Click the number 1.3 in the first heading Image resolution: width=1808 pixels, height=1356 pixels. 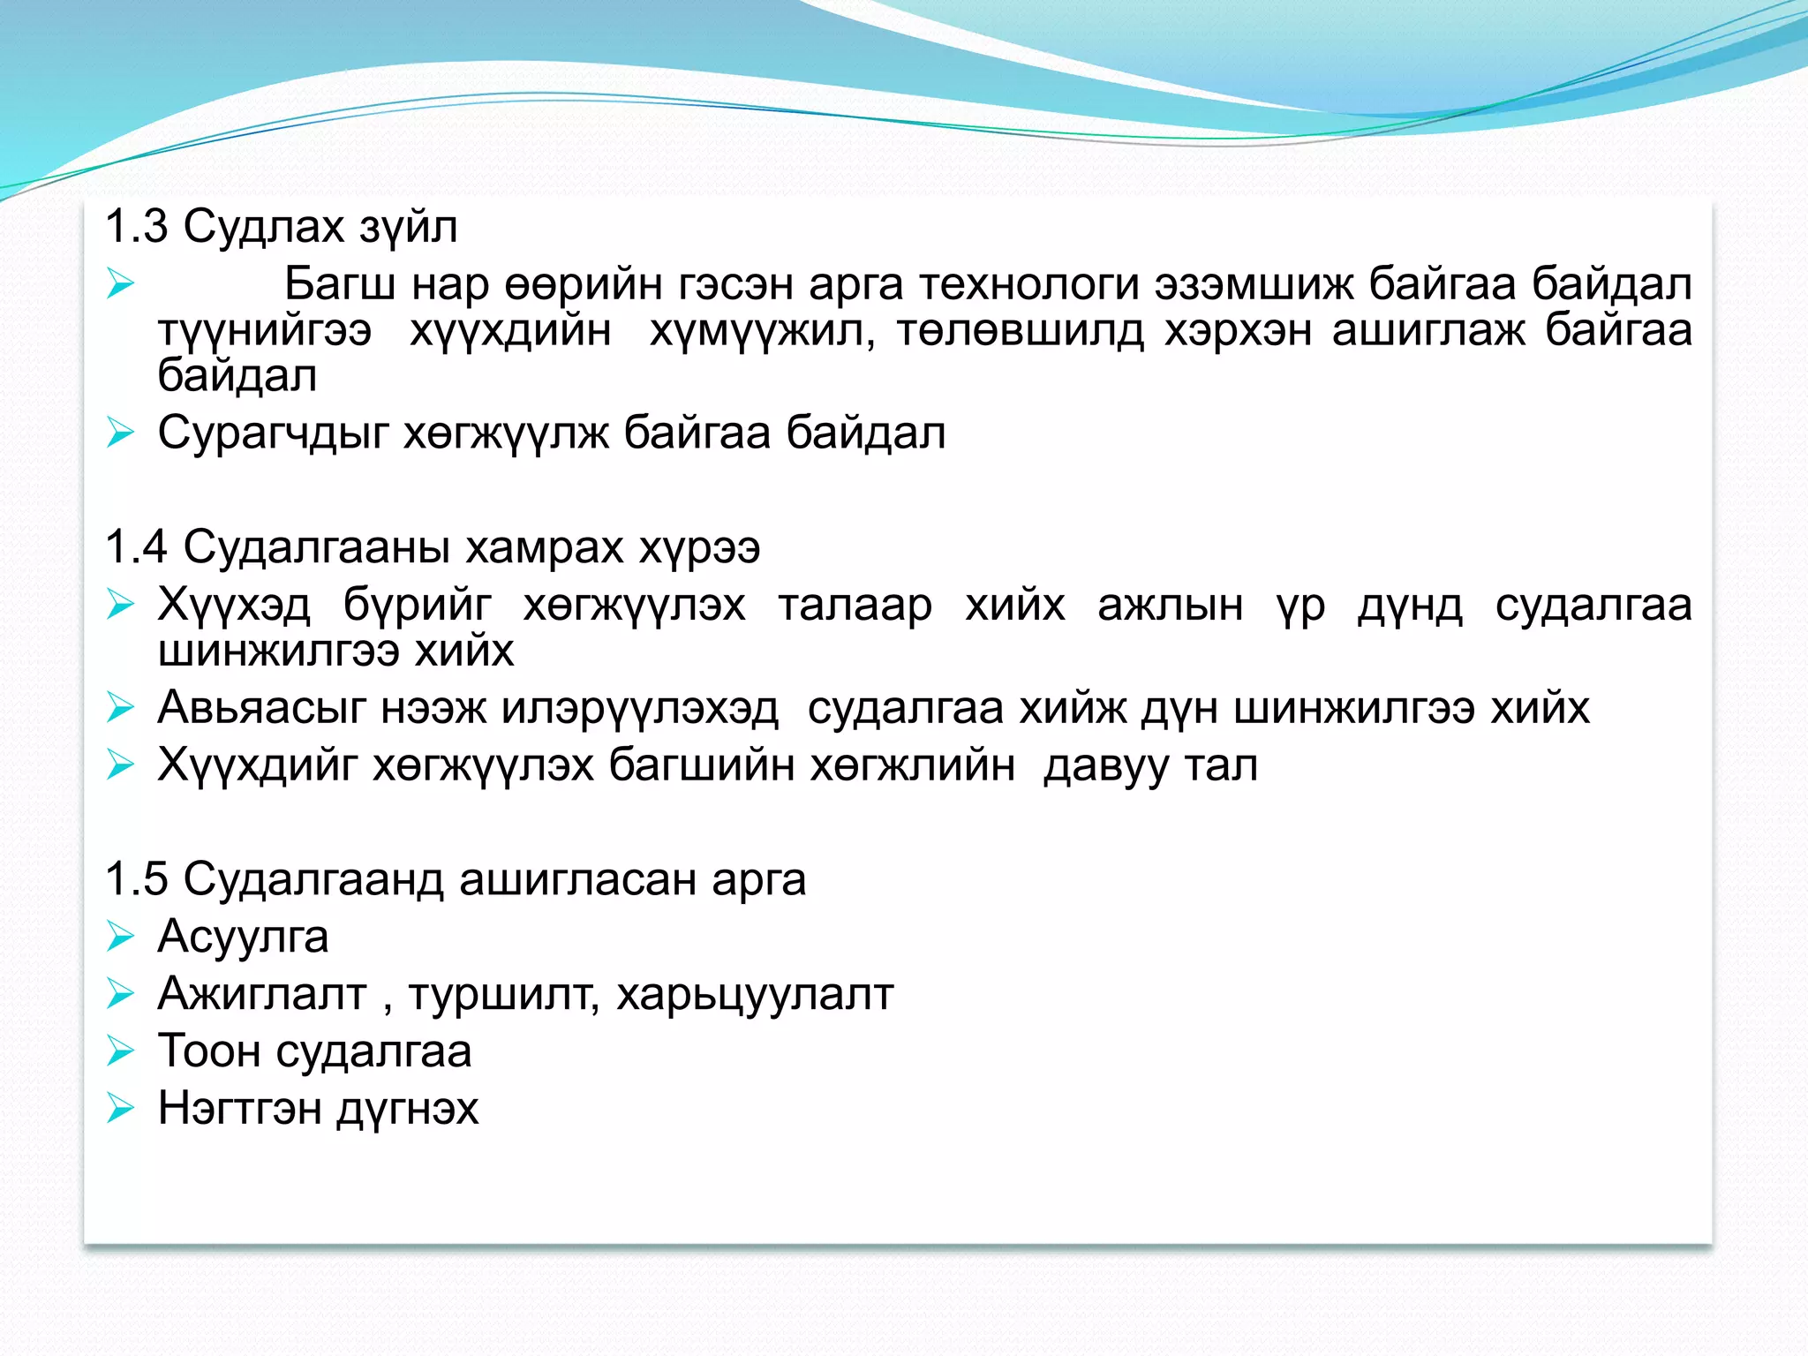(x=136, y=227)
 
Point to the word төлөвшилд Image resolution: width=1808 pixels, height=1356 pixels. (x=1020, y=331)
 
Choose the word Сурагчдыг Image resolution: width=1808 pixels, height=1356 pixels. (x=273, y=433)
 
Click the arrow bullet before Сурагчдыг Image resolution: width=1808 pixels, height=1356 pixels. (x=119, y=433)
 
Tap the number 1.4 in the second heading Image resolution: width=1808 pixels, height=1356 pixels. (x=136, y=547)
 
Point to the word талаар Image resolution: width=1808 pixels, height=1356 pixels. (x=855, y=606)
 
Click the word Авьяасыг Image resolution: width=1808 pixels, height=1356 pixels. (x=261, y=708)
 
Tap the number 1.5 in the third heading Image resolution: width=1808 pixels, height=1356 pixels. (x=136, y=879)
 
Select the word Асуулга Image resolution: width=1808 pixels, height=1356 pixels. (x=243, y=937)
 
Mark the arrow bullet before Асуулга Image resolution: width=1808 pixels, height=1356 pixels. (x=119, y=937)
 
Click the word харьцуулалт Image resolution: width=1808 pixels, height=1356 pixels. (x=755, y=995)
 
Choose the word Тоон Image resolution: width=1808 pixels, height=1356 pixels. (x=208, y=1051)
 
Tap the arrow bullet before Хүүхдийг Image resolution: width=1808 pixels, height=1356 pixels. (x=119, y=765)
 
